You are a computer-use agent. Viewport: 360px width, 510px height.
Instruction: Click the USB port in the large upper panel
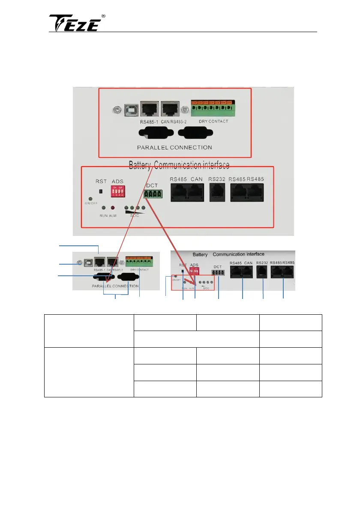click(129, 109)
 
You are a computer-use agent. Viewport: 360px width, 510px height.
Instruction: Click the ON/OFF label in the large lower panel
click(90, 205)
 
